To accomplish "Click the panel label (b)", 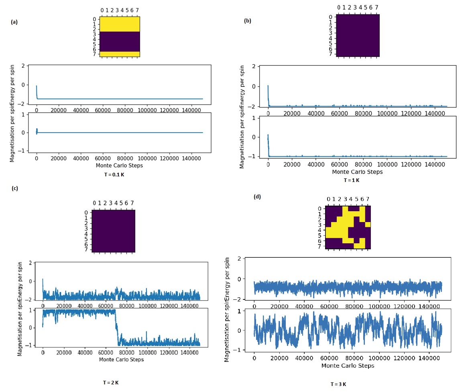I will point(248,21).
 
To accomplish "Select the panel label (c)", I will point(14,188).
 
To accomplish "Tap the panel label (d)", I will point(257,196).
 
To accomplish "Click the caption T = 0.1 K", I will point(114,175).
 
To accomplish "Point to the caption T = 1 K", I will point(352,180).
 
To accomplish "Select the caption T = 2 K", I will point(111,382).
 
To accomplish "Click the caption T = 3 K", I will point(338,384).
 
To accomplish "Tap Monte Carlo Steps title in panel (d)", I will point(348,366).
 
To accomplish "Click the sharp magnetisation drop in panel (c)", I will point(116,327).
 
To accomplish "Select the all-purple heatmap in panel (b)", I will point(358,35).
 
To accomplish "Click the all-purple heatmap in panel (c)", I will point(114,231).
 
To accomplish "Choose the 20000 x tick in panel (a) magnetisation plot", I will point(59,157).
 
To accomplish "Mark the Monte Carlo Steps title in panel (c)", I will point(121,359).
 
